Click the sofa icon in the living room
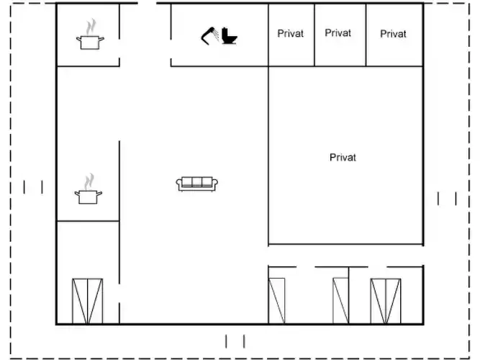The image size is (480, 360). (x=197, y=184)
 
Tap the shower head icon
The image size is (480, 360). (x=209, y=36)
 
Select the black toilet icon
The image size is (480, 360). (x=230, y=36)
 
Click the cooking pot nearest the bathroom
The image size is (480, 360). (x=90, y=42)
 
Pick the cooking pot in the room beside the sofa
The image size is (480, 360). (x=89, y=197)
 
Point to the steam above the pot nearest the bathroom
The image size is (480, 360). (x=91, y=27)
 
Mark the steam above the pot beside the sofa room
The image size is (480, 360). (x=89, y=181)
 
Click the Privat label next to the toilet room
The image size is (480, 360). (x=290, y=33)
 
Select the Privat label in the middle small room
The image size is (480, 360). (x=338, y=33)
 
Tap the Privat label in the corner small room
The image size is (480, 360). (x=393, y=34)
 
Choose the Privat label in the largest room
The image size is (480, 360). (x=343, y=158)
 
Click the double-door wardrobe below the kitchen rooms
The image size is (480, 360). (x=88, y=301)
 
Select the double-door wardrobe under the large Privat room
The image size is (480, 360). (x=386, y=301)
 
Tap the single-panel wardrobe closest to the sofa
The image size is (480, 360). (x=277, y=301)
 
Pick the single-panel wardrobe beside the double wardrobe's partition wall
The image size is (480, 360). (x=340, y=301)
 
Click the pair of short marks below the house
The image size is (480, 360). (x=235, y=341)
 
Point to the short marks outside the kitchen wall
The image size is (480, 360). (x=33, y=187)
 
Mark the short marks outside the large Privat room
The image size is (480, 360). (x=447, y=199)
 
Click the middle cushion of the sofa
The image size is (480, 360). (x=197, y=181)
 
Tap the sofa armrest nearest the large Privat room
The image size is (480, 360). (x=215, y=184)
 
